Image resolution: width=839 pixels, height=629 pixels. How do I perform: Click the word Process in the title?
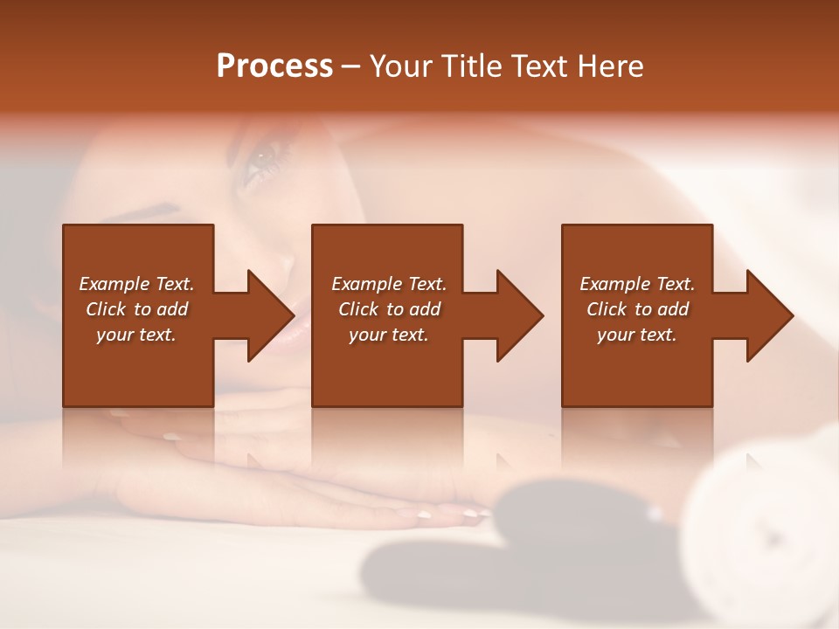tap(274, 66)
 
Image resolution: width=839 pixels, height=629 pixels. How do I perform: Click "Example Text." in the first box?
tap(136, 284)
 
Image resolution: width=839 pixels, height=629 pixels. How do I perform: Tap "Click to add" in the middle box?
tap(389, 309)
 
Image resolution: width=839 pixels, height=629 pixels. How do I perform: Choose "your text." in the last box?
tap(636, 335)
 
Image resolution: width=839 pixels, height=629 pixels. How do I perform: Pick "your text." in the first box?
tap(136, 335)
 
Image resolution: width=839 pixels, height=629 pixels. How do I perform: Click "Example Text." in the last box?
tap(636, 284)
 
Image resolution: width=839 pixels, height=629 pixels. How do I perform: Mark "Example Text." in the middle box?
tap(389, 284)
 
